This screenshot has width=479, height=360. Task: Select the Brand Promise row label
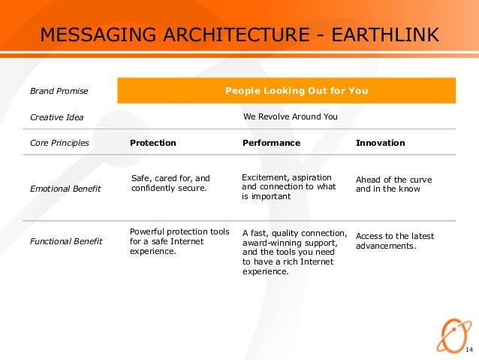point(59,92)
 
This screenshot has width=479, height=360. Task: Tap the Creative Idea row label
point(56,117)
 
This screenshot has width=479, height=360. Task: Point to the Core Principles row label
point(59,143)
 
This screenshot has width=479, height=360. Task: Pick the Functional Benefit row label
point(65,241)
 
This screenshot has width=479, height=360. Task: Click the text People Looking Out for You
point(297,91)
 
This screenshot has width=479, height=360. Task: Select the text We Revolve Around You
point(291,117)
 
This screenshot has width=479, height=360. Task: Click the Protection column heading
point(153,143)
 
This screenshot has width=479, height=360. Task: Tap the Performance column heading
point(271,143)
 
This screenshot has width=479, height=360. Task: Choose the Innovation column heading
point(380,143)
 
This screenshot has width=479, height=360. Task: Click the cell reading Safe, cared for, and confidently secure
point(170,183)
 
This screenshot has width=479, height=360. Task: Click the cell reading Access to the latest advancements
point(394,241)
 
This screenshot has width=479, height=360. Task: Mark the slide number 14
point(469,352)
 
